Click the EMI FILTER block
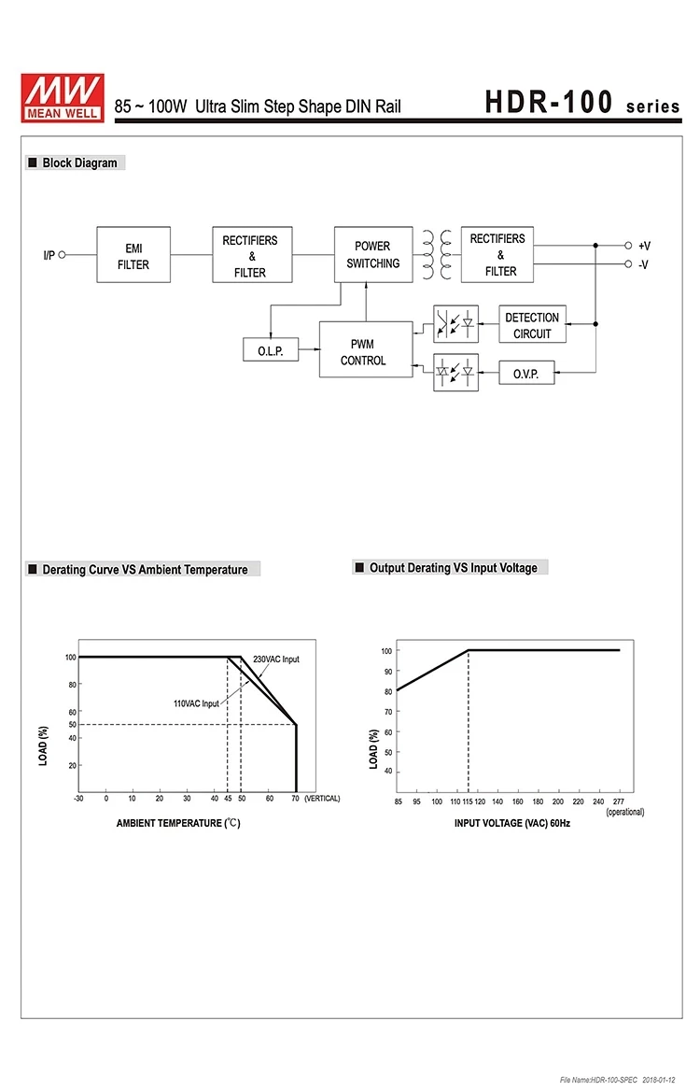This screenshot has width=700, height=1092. (x=133, y=255)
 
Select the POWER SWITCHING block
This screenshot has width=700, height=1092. (x=372, y=255)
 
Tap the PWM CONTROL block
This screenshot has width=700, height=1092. (x=365, y=350)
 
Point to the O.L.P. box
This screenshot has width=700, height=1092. (x=270, y=351)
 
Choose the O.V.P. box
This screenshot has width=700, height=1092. (x=526, y=373)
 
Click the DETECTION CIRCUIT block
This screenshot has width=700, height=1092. (x=532, y=325)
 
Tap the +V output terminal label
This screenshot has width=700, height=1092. (x=644, y=246)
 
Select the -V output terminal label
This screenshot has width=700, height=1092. (x=643, y=264)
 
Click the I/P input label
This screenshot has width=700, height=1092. (x=49, y=255)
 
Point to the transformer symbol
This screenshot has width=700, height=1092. (x=437, y=255)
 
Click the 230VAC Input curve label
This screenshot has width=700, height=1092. (x=276, y=659)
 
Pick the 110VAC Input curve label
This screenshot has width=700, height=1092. (x=196, y=703)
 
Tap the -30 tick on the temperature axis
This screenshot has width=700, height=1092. (x=79, y=799)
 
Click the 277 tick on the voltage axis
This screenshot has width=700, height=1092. (x=618, y=801)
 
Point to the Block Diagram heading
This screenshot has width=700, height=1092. (x=79, y=163)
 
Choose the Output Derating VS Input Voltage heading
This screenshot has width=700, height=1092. (x=453, y=568)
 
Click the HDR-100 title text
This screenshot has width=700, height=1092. (x=549, y=103)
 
